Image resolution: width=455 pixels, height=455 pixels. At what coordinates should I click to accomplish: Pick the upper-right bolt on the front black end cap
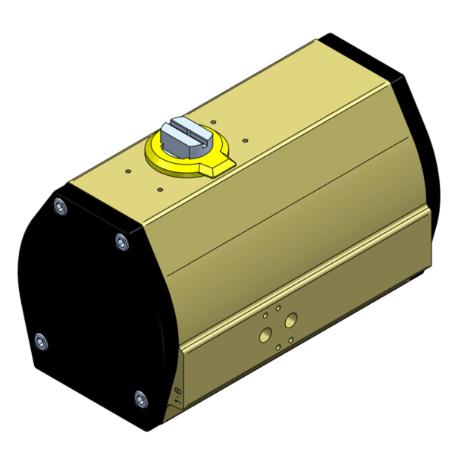[121, 242]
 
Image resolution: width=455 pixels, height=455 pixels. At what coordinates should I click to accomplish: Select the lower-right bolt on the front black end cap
[140, 397]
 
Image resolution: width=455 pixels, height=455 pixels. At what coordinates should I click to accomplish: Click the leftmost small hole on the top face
[127, 171]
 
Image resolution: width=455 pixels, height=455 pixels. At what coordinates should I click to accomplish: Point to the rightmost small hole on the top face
[245, 140]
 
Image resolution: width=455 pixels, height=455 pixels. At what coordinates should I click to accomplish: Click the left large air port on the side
[265, 334]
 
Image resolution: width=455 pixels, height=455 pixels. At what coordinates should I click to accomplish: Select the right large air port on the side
[290, 322]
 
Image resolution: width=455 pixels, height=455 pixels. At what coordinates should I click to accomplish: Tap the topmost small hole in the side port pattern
[278, 309]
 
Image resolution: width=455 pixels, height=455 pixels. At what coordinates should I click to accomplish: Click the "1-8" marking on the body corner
[177, 394]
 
